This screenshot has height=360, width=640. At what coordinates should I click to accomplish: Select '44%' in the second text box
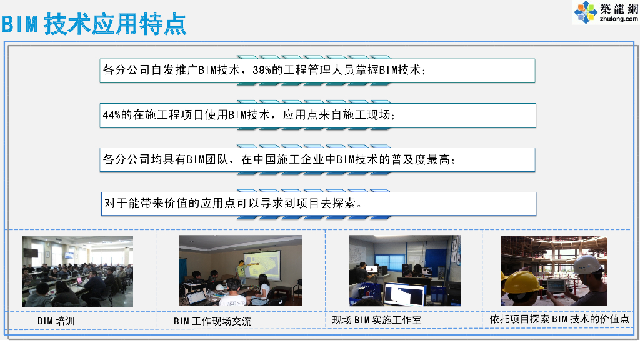[111, 115]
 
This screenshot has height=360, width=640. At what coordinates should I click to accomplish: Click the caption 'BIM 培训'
[56, 321]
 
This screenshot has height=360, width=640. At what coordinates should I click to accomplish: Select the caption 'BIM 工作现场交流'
[212, 321]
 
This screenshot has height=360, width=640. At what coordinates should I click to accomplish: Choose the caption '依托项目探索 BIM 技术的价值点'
[559, 319]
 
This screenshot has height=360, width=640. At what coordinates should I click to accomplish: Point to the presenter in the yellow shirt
[239, 272]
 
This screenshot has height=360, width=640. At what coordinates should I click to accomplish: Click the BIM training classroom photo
[77, 271]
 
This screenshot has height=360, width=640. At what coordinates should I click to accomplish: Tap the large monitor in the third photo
[403, 292]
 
